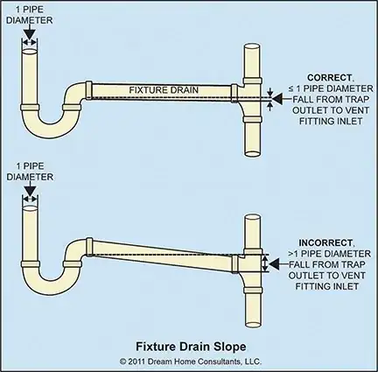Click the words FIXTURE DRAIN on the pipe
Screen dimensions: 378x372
(164, 90)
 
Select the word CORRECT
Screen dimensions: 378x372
(329, 78)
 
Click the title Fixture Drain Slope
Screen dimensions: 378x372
(191, 347)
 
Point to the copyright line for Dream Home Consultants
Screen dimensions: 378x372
(191, 361)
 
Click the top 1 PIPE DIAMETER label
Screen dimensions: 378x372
(30, 15)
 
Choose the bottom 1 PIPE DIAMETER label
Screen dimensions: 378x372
(30, 172)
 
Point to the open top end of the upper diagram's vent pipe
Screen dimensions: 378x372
(252, 47)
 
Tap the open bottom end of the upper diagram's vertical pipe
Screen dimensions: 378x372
(252, 153)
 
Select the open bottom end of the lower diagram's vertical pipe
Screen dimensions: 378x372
(253, 324)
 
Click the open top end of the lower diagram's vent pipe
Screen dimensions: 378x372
(252, 218)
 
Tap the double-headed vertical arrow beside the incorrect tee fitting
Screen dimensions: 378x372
(264, 264)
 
